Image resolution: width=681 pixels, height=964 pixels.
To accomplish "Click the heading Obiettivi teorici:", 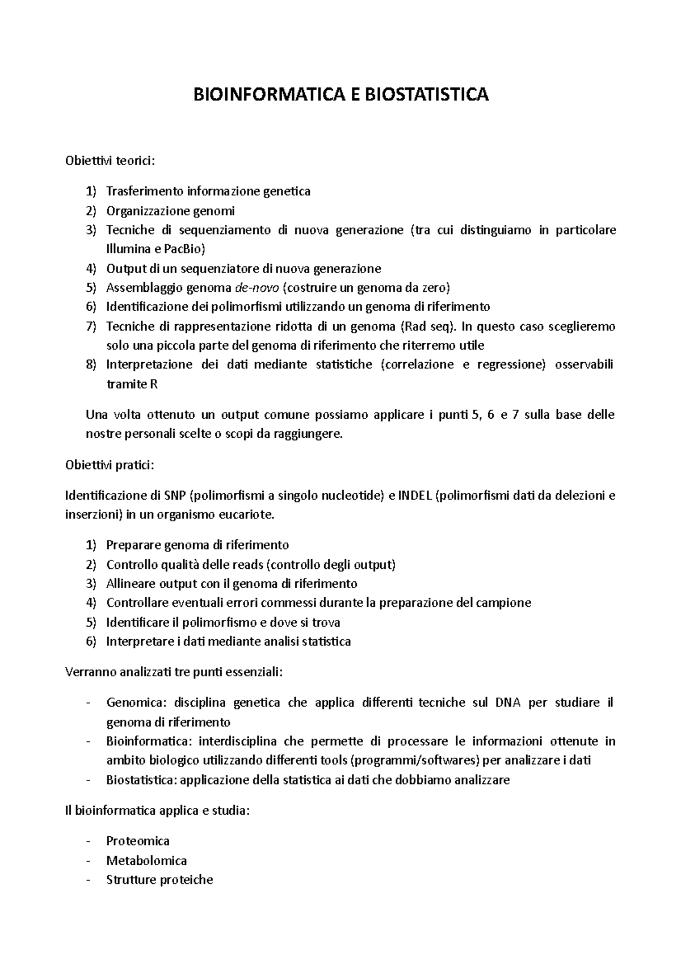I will tap(110, 161).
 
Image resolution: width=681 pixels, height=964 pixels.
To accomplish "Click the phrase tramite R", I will tap(132, 384).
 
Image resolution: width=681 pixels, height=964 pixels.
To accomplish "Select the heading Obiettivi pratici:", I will tap(110, 466).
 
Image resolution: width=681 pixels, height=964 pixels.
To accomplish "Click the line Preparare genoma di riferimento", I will tap(197, 546).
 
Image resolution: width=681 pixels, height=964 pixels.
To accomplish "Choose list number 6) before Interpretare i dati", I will tap(91, 642).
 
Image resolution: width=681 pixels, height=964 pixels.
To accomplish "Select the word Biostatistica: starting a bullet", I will tap(142, 780).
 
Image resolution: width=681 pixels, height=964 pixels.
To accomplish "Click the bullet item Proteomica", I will tap(138, 841).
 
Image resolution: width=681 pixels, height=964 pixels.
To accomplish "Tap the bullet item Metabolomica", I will tap(146, 861).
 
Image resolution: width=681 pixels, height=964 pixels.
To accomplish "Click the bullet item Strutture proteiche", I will tap(159, 880).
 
